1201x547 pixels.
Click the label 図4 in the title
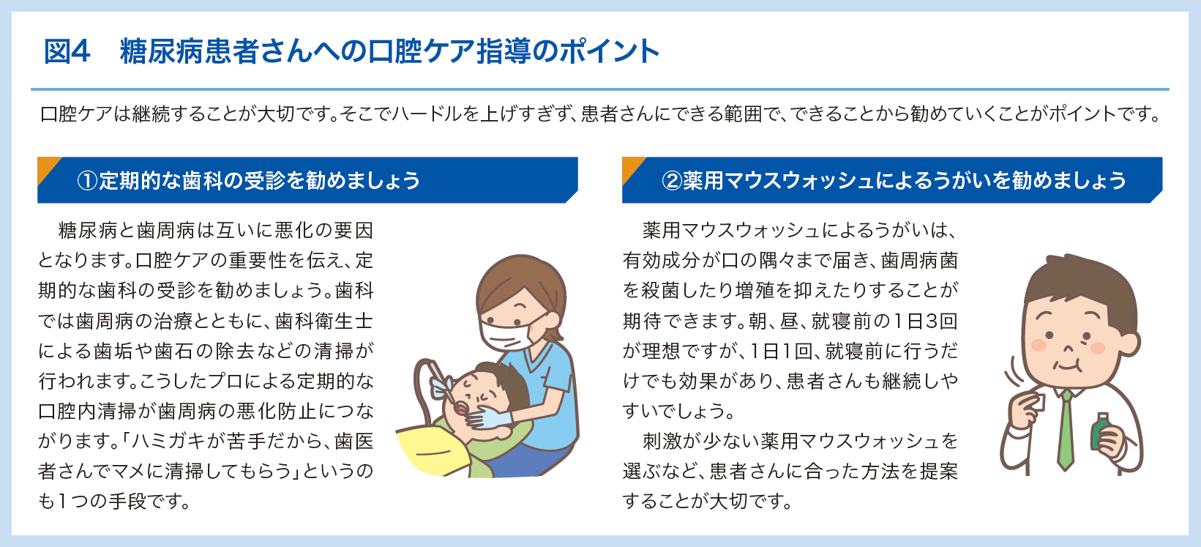(67, 51)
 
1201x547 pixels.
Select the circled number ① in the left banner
(87, 181)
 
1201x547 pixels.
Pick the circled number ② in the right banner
(671, 181)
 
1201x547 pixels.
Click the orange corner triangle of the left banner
(46, 168)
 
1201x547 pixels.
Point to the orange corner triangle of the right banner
(631, 168)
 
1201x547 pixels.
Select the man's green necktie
(1066, 430)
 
